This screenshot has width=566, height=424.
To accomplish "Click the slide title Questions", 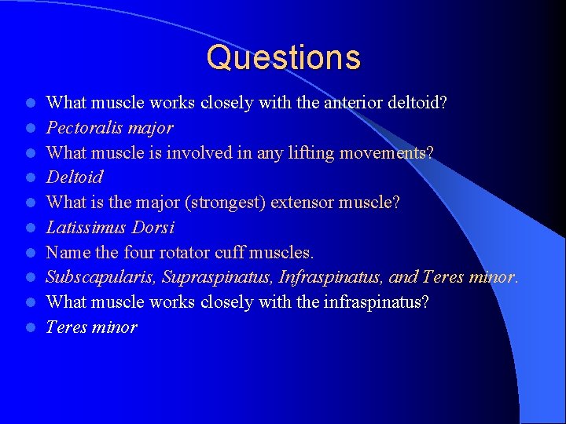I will [x=284, y=58].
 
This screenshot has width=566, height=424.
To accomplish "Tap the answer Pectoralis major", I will [x=109, y=127].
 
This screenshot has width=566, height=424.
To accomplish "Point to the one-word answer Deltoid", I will [x=74, y=177].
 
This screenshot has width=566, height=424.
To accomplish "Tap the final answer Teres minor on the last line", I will [x=91, y=327].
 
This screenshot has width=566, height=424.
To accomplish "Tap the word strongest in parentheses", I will [x=227, y=203].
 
